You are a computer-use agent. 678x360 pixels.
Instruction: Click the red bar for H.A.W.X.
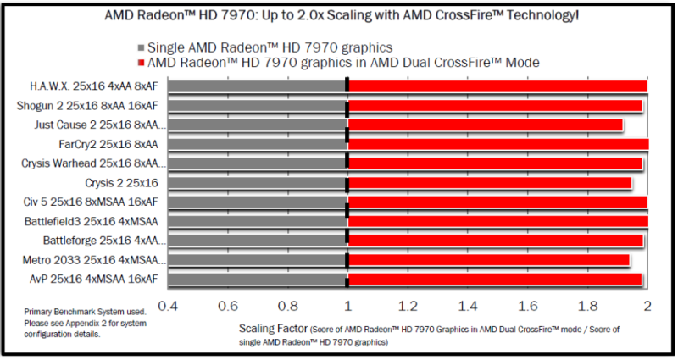point(497,86)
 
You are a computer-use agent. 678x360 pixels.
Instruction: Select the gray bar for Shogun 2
point(258,106)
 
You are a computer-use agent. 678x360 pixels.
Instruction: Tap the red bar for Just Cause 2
point(486,125)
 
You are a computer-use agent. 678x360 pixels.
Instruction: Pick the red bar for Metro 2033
point(489,260)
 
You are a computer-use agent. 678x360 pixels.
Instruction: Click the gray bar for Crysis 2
point(258,183)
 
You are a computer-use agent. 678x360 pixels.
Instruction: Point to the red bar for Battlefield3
point(498,221)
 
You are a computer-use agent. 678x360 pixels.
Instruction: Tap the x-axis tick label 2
point(647,306)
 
